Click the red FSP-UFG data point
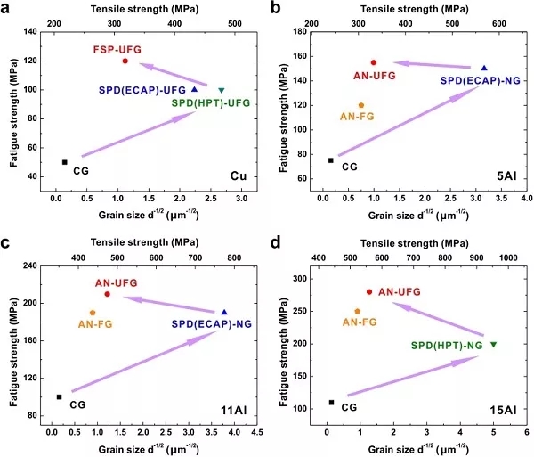click(125, 61)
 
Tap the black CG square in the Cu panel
click(65, 162)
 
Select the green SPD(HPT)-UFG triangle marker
click(222, 90)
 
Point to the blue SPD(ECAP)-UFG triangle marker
click(194, 89)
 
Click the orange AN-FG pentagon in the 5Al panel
click(361, 105)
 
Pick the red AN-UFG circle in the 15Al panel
click(369, 292)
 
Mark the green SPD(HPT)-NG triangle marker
click(493, 345)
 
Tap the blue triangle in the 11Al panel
click(224, 312)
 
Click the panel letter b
click(276, 7)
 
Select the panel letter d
click(276, 242)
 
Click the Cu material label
click(239, 175)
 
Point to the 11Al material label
click(233, 410)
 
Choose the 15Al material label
click(504, 410)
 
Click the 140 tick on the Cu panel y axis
click(30, 32)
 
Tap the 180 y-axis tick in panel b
click(300, 32)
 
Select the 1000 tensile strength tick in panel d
click(508, 258)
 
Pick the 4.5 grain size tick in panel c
click(257, 432)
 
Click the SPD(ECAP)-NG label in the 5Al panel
click(481, 80)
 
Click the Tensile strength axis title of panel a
click(144, 9)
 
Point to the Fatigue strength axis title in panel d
click(283, 353)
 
